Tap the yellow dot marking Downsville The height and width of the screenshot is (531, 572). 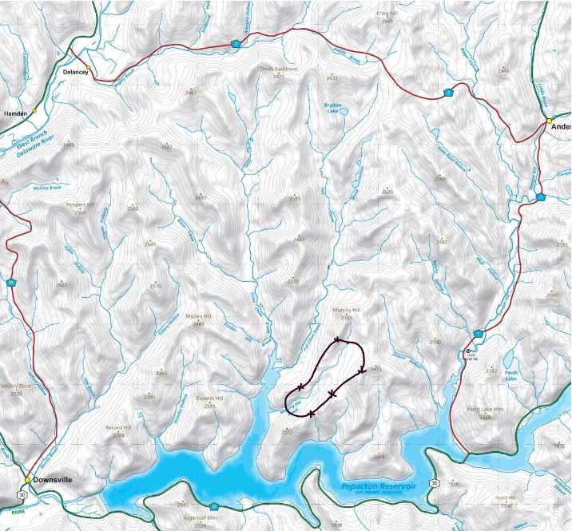27,480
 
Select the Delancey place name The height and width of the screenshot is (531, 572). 75,71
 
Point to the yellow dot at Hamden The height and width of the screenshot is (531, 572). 34,111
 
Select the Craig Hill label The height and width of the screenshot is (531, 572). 387,14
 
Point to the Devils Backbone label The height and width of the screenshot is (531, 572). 278,69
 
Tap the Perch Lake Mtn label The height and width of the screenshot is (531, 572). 485,410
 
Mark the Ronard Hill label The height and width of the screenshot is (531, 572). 119,428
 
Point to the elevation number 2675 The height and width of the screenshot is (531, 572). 388,192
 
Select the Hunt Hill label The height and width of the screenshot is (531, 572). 508,498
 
